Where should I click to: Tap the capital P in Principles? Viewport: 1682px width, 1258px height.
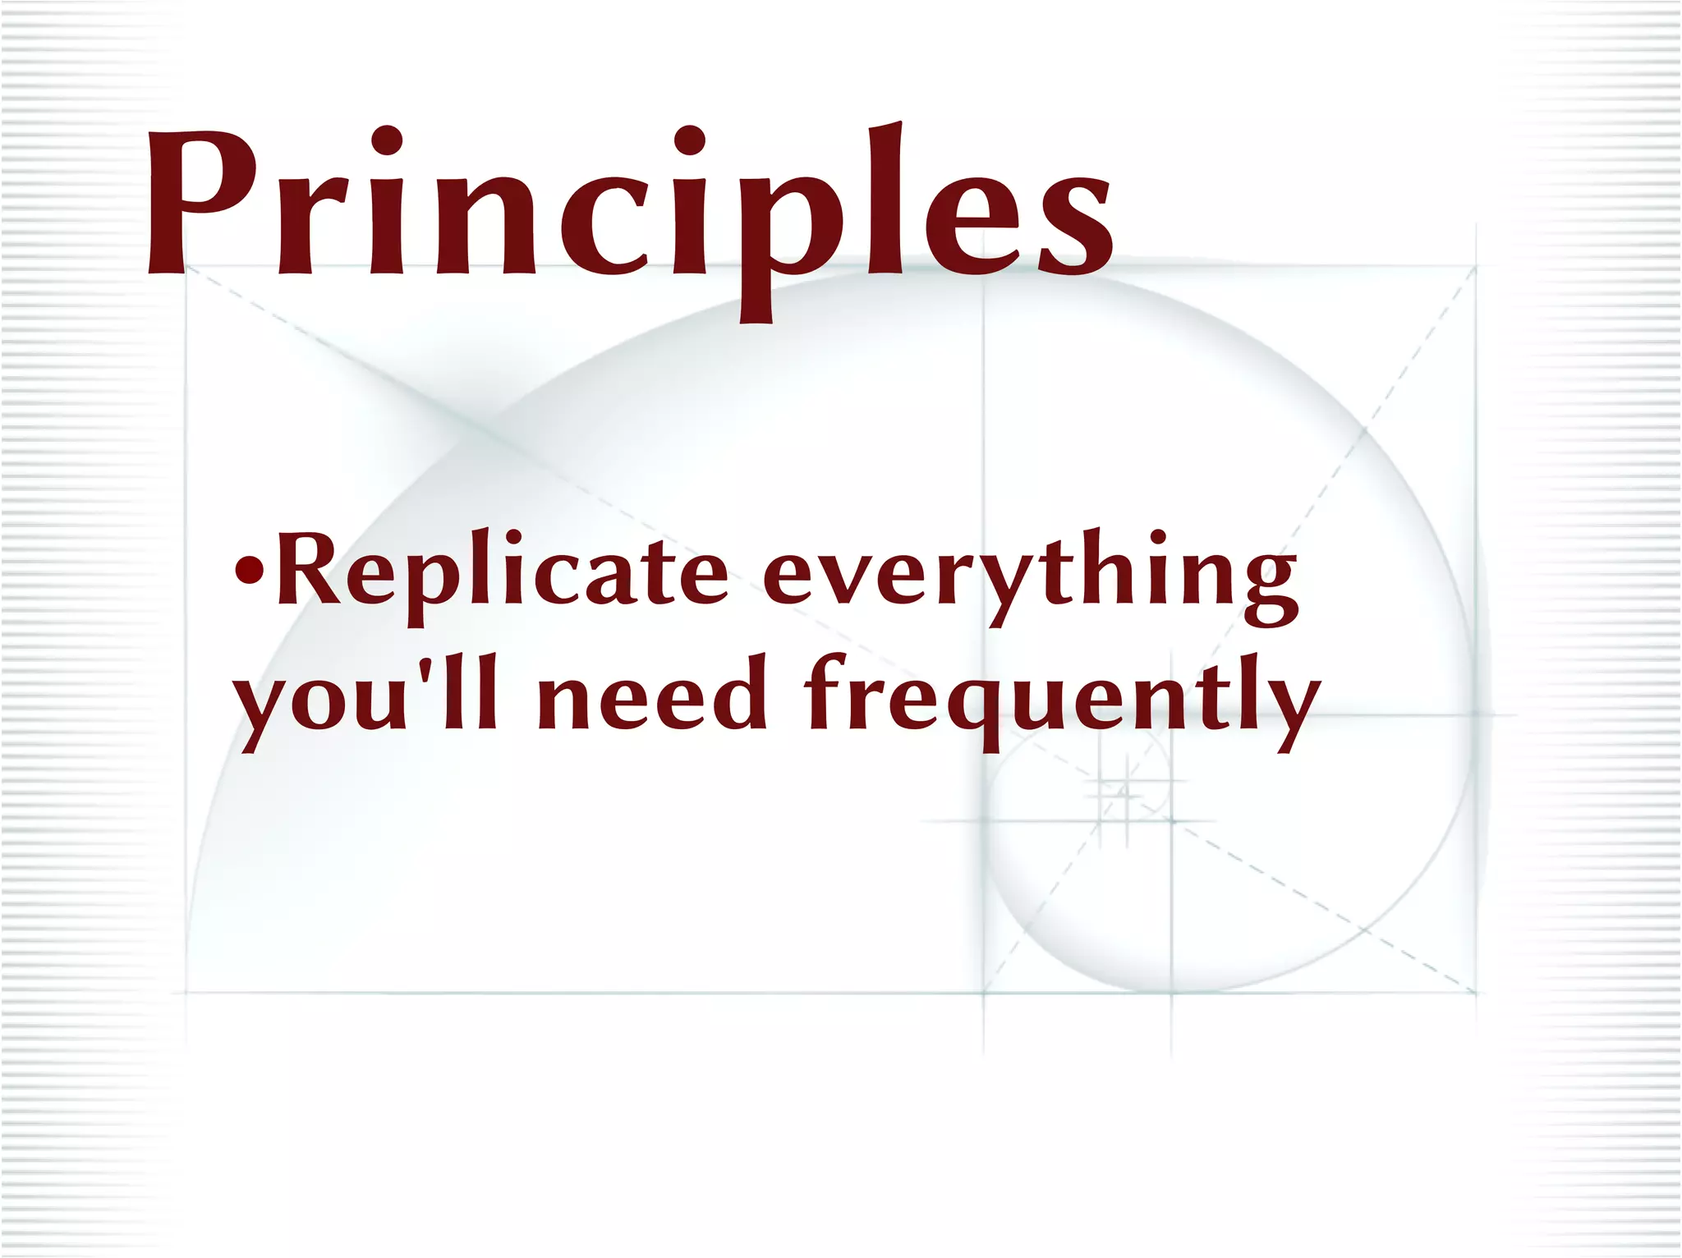[197, 201]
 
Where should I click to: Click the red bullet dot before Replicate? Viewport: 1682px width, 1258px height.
[249, 568]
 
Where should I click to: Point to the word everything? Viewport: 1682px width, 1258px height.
[1031, 575]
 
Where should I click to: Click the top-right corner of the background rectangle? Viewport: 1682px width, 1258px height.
[1476, 266]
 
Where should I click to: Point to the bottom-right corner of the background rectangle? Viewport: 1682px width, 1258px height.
[1476, 993]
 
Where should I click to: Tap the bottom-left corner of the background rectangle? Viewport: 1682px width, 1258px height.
[186, 993]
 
